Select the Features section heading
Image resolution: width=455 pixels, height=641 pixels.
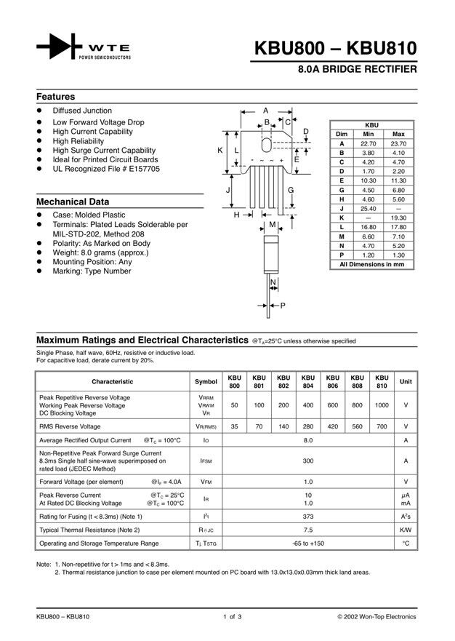pyautogui.click(x=56, y=97)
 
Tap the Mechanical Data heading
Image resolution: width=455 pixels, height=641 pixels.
pyautogui.click(x=73, y=202)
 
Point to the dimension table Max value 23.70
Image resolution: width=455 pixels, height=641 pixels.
pyautogui.click(x=398, y=144)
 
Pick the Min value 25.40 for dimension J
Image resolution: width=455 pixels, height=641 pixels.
pyautogui.click(x=369, y=208)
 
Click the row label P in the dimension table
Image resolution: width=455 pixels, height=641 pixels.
pyautogui.click(x=341, y=255)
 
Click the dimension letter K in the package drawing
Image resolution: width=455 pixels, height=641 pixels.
pyautogui.click(x=220, y=150)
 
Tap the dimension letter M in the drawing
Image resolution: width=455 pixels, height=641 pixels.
pyautogui.click(x=272, y=225)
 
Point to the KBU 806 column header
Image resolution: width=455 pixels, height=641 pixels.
pyautogui.click(x=332, y=381)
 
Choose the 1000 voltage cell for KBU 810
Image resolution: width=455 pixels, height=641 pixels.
pyautogui.click(x=382, y=405)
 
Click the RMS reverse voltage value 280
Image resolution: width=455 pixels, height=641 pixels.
pyautogui.click(x=307, y=426)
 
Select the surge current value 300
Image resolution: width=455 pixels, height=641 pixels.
pyautogui.click(x=307, y=461)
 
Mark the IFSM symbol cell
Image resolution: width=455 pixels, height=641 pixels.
pyautogui.click(x=206, y=461)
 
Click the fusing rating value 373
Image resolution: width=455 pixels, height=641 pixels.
pyautogui.click(x=307, y=516)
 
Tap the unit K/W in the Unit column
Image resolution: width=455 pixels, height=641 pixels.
pyautogui.click(x=406, y=530)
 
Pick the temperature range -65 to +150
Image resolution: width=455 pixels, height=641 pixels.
pyautogui.click(x=307, y=544)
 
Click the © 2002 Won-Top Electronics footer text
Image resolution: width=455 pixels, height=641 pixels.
pyautogui.click(x=377, y=617)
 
